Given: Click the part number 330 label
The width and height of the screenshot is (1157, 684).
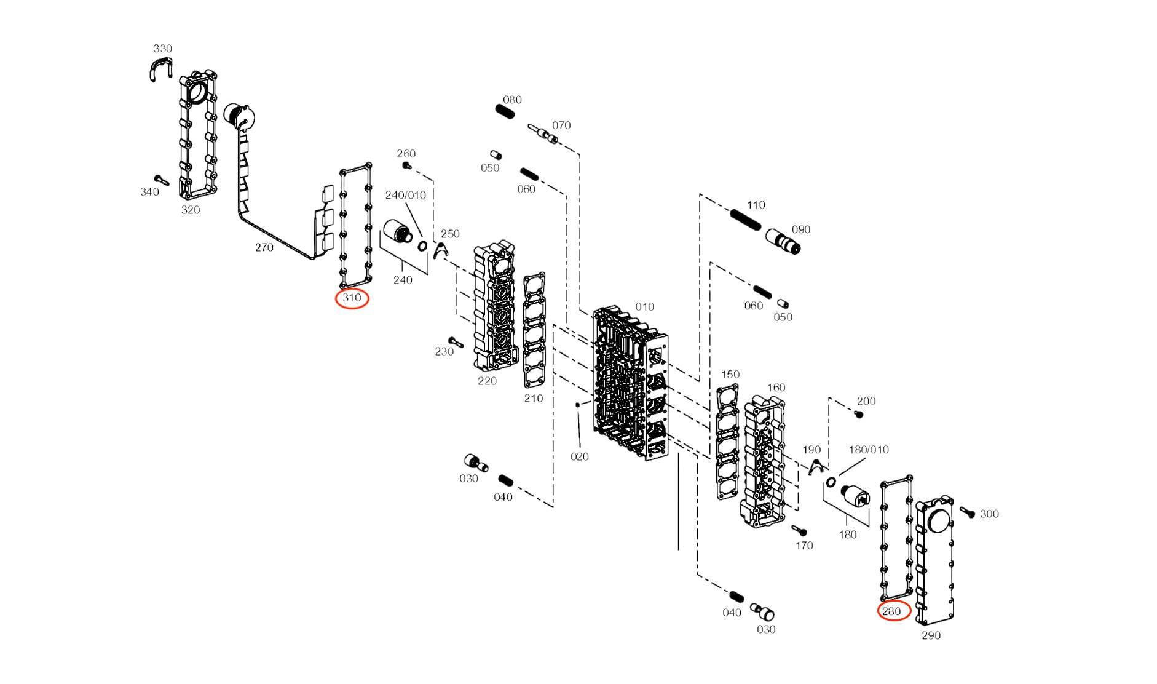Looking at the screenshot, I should coord(162,49).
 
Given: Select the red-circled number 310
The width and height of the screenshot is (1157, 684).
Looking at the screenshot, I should coord(352,298).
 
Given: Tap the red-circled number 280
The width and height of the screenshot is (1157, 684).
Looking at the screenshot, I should coord(892,611).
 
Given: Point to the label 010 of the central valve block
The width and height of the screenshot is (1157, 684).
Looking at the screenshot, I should coord(644,307).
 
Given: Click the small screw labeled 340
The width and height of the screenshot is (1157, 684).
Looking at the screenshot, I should coord(161,180).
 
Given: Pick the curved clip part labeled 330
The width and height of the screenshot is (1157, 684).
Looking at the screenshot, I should coord(161,68).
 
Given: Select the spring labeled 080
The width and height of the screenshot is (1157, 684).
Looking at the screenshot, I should coord(505,112).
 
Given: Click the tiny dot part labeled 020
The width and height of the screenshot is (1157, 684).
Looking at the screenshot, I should coord(577,405).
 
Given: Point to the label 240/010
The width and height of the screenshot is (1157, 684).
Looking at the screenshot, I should coord(405,196).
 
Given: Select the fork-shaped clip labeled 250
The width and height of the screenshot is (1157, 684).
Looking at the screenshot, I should coord(440,250).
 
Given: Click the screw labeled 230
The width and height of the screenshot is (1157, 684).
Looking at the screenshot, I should coord(456,342).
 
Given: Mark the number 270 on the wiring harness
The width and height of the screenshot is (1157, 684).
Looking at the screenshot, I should coord(264,247).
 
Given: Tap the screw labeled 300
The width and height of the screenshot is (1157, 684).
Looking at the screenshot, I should coord(967,512).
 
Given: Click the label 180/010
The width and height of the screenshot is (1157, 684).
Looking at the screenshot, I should coord(868,450).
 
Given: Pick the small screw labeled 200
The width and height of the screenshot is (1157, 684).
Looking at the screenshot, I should coord(859,415).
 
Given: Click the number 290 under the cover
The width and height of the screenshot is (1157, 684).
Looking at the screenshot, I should coord(931,636).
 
